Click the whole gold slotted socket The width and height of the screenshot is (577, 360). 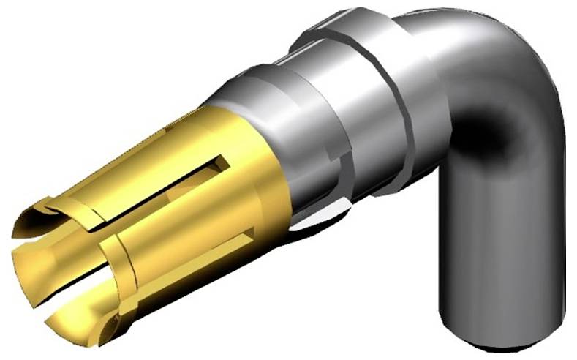(154, 220)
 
